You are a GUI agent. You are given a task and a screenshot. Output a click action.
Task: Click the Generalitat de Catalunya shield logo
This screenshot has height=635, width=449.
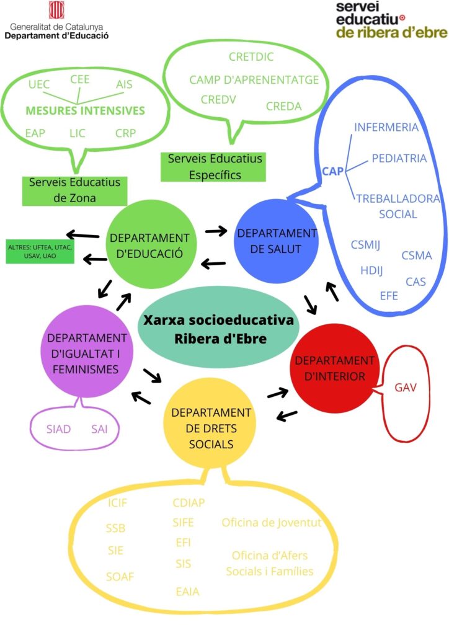pyautogui.click(x=56, y=11)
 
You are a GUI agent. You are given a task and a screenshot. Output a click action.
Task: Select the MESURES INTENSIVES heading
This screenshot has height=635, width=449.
pyautogui.click(x=85, y=111)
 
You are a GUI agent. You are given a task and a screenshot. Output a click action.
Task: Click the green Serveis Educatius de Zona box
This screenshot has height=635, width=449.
pyautogui.click(x=74, y=190)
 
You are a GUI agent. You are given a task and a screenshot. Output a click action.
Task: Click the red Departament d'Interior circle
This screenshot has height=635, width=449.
pyautogui.click(x=334, y=368)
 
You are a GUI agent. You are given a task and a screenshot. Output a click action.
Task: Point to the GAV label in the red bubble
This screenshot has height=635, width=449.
pyautogui.click(x=406, y=388)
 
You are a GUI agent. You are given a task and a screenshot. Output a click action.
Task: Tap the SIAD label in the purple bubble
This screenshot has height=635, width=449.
pyautogui.click(x=59, y=429)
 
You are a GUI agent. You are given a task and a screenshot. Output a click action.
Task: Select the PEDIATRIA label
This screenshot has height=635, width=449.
pyautogui.click(x=399, y=158)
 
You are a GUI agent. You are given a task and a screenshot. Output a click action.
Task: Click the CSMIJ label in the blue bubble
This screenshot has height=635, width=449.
pyautogui.click(x=365, y=244)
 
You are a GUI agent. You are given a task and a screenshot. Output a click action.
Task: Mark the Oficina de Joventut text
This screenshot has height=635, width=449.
pyautogui.click(x=272, y=523)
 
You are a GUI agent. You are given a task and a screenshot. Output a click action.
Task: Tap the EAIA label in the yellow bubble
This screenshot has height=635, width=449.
pyautogui.click(x=188, y=592)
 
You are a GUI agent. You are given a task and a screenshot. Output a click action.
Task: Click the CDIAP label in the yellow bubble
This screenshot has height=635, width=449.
pyautogui.click(x=189, y=502)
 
